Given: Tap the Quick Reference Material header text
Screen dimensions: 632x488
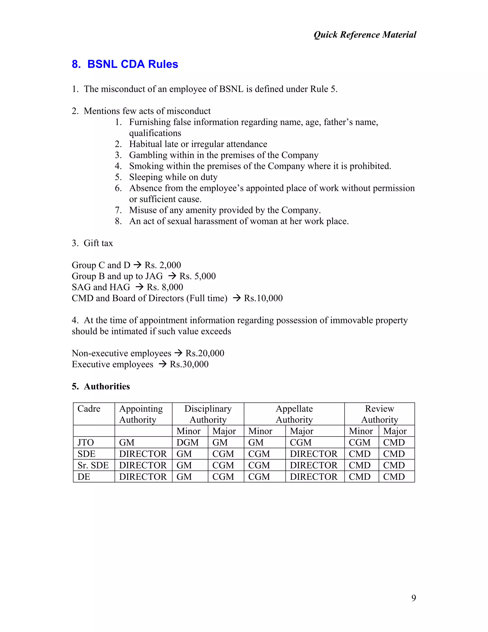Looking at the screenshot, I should click(x=365, y=35).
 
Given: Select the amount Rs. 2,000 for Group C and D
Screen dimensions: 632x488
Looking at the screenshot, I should click(x=163, y=265).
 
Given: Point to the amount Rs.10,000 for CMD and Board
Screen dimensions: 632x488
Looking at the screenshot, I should click(x=263, y=298).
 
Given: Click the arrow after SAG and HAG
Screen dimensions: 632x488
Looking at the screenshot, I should click(x=139, y=287).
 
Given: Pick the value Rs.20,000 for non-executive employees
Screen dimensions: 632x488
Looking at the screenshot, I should click(x=205, y=353).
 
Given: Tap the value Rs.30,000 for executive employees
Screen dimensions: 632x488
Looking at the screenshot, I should click(x=189, y=364).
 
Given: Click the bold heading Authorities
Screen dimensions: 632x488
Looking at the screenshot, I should click(x=107, y=387).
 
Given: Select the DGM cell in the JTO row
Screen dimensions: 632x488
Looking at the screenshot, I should click(x=188, y=442).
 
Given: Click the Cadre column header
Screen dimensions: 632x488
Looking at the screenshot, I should click(x=89, y=409).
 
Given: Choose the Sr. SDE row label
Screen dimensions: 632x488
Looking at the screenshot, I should click(x=93, y=465).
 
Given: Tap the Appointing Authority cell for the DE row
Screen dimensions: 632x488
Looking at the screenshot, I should click(x=143, y=477).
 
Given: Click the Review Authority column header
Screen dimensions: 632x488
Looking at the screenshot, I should click(x=379, y=414).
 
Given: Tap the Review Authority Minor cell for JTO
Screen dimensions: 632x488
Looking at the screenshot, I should click(x=359, y=442).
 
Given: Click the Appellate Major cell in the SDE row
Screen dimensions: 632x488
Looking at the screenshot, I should click(x=314, y=454).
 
